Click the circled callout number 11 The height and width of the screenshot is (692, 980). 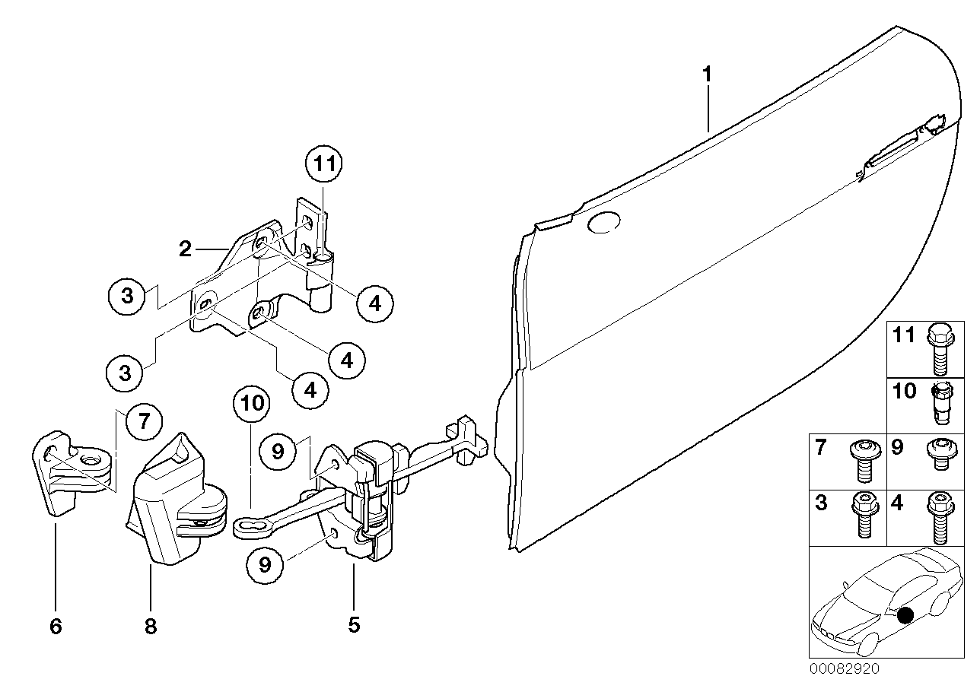(324, 164)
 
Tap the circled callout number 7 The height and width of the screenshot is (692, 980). (144, 421)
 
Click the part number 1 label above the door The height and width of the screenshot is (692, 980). (707, 75)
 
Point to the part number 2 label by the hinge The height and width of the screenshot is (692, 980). (185, 249)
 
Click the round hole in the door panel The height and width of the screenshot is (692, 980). (604, 221)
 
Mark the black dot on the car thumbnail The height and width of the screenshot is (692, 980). (905, 615)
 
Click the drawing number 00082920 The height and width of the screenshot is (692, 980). (845, 669)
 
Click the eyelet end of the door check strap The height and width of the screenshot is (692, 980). (245, 525)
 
